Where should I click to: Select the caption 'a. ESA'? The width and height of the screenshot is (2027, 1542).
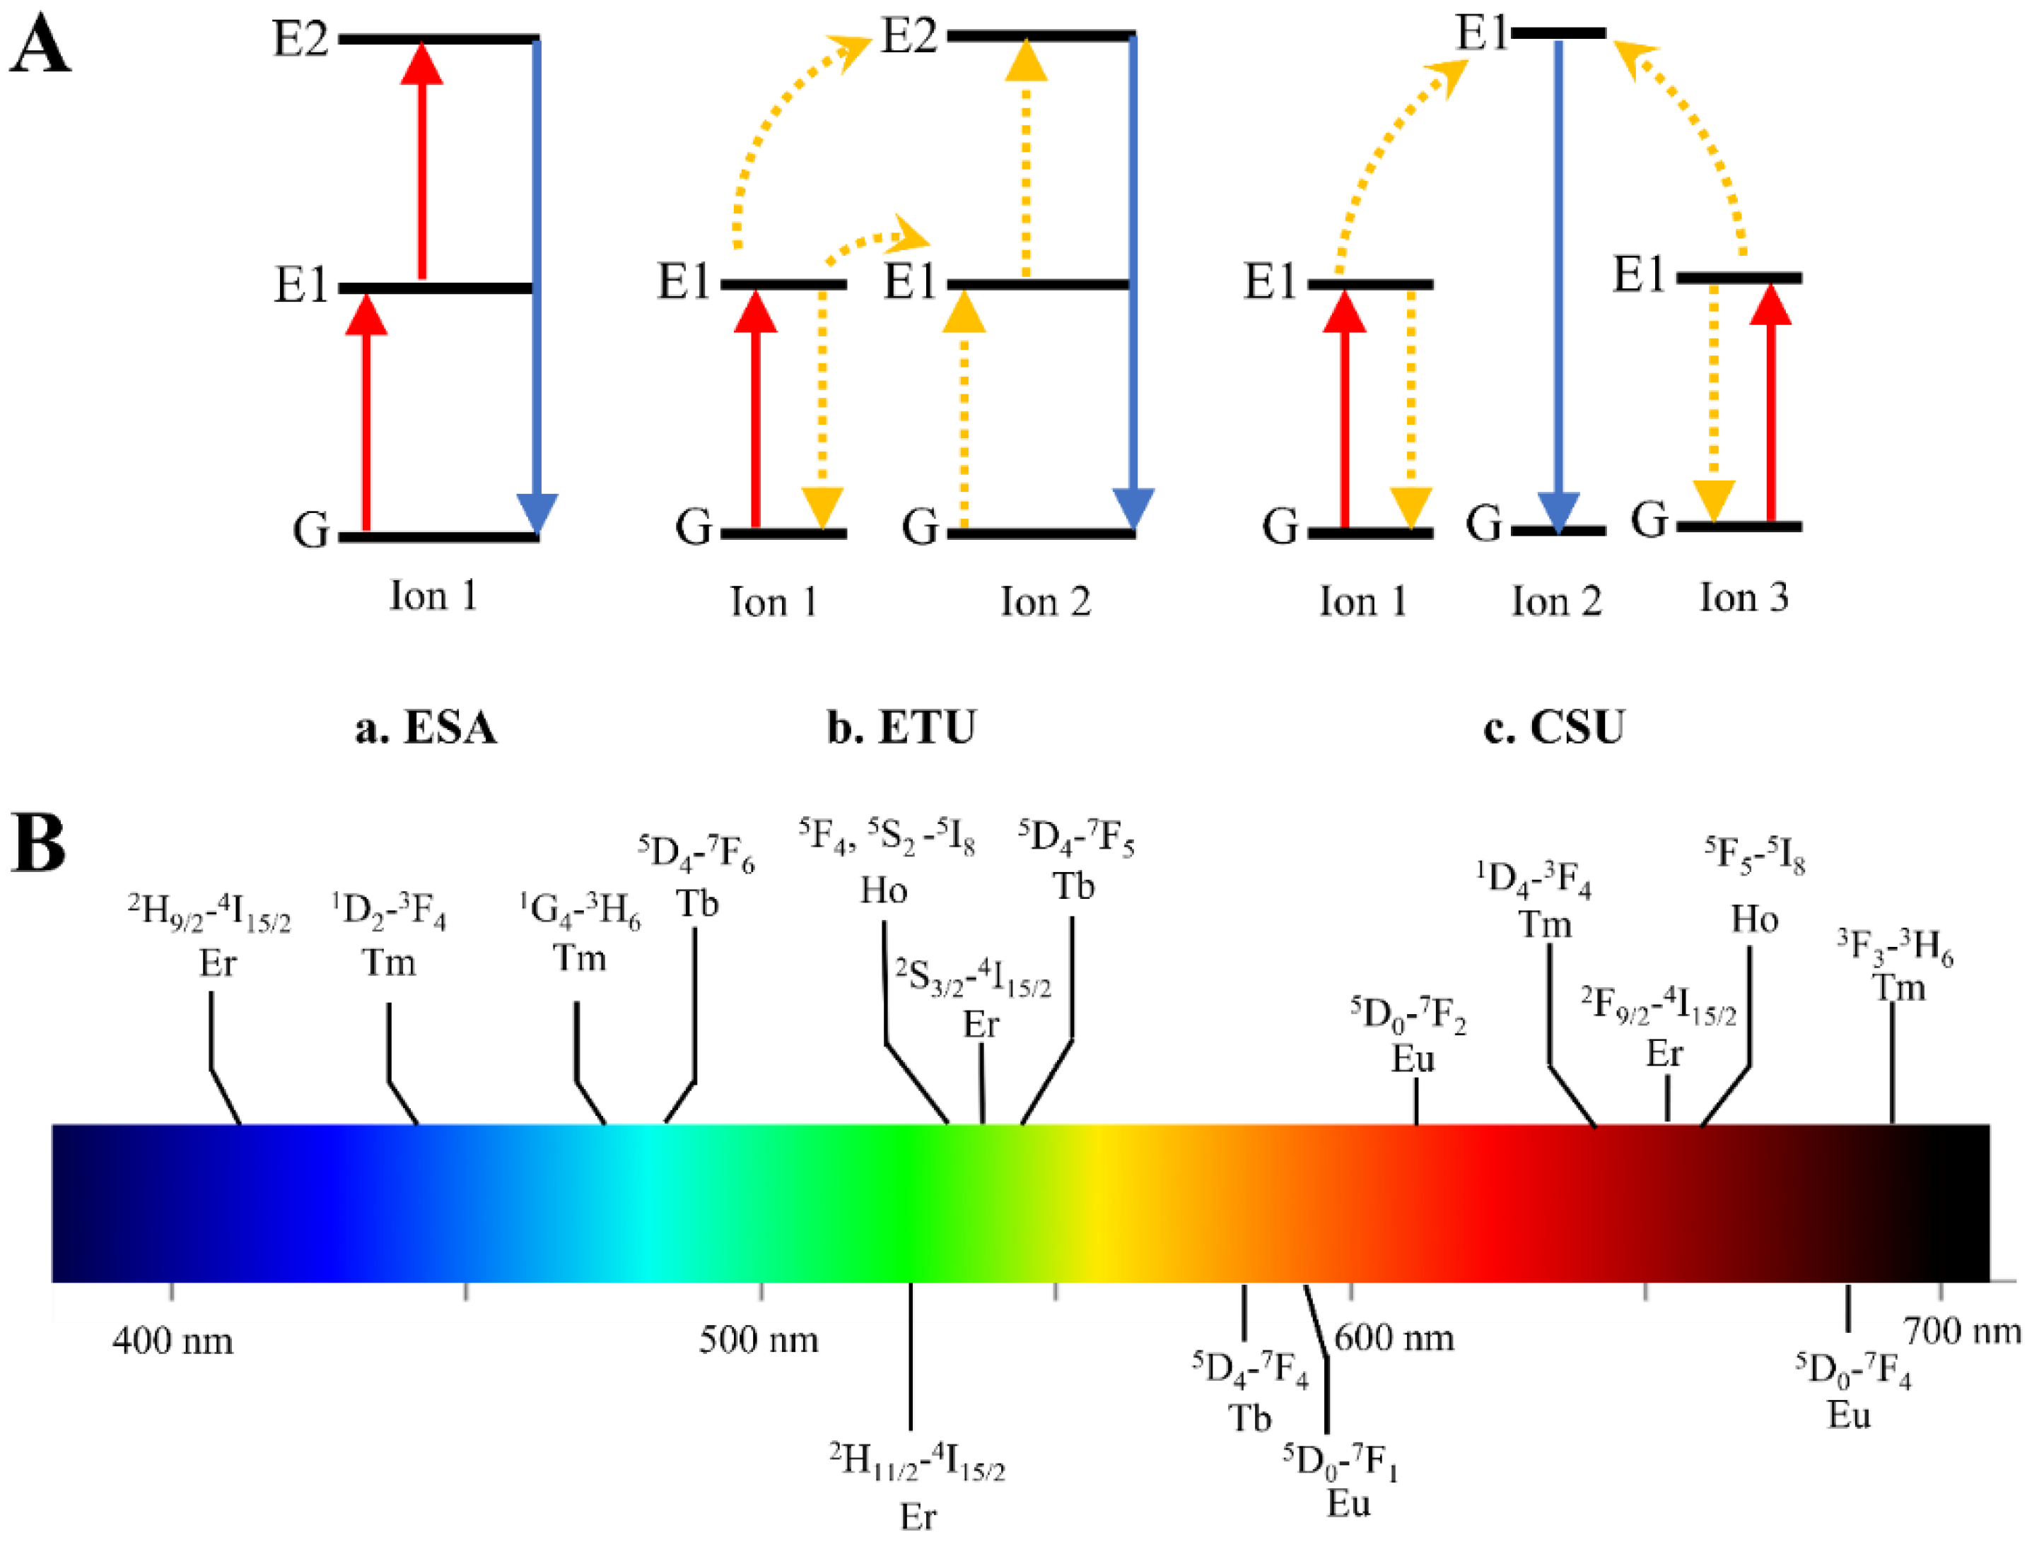tap(426, 728)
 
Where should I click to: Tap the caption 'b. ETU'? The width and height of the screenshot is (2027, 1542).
tap(901, 728)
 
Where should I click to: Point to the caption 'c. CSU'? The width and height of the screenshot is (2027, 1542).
tap(1553, 728)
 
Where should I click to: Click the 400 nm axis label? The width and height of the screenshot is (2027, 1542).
tap(173, 1342)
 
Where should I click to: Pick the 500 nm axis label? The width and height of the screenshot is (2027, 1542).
tap(759, 1340)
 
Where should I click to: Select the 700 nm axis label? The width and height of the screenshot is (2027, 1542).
tap(1962, 1330)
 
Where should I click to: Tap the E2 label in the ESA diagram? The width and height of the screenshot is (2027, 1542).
tap(300, 40)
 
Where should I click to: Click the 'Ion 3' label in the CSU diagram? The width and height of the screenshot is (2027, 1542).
tap(1743, 598)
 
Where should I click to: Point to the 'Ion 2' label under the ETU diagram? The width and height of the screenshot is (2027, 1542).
tap(1045, 602)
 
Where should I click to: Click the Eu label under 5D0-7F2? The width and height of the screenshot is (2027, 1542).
tap(1412, 1059)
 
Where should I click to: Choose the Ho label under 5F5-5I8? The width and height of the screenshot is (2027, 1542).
tap(1754, 919)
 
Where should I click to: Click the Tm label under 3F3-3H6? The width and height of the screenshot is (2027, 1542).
tap(1898, 988)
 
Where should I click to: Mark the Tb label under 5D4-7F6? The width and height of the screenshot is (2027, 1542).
tap(697, 904)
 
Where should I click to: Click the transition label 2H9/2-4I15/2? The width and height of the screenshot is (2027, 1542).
tap(209, 914)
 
